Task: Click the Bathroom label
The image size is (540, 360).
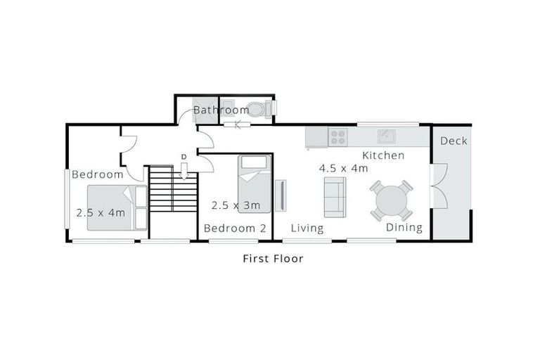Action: [221, 110]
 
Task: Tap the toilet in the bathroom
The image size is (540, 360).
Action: [258, 109]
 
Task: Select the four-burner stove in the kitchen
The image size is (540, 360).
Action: [338, 136]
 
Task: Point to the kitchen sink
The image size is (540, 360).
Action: [386, 136]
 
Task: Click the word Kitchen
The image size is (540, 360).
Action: [383, 155]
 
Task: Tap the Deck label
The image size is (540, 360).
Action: [454, 141]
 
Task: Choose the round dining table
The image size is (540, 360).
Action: [392, 201]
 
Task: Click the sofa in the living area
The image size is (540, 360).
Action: [335, 197]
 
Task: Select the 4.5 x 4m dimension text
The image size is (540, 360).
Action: [343, 169]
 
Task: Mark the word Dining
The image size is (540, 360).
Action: [404, 228]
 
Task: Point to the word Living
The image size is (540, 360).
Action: [307, 229]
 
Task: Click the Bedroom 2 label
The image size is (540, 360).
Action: [235, 229]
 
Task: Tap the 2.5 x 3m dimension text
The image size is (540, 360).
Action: [236, 206]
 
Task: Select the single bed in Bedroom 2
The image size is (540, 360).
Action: [254, 184]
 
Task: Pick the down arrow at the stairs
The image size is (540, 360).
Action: [184, 171]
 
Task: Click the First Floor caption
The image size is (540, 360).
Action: [273, 259]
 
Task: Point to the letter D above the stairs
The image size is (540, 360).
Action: [184, 156]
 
